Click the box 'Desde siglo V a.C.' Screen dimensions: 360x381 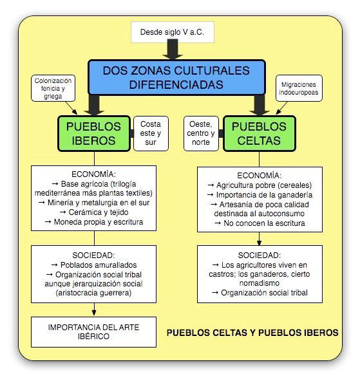(x=173, y=32)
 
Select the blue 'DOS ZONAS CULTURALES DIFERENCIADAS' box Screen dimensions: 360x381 (x=176, y=77)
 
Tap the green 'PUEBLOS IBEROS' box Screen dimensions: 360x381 (x=94, y=134)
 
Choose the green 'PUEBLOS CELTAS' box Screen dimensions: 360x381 (x=259, y=134)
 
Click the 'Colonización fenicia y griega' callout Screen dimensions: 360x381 (x=53, y=88)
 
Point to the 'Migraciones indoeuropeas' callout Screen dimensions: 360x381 (x=299, y=88)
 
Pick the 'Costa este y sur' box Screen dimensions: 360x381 (x=151, y=133)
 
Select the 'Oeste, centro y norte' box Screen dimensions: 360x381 (x=201, y=133)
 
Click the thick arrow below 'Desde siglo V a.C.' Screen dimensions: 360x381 (x=173, y=50)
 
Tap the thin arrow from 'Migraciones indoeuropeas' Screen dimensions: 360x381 (x=281, y=108)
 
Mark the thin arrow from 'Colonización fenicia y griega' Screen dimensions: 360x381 (x=71, y=108)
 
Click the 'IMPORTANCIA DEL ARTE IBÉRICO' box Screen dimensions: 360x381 (x=93, y=332)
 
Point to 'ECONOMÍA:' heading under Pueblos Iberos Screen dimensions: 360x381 (x=93, y=174)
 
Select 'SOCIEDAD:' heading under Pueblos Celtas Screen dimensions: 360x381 (x=260, y=256)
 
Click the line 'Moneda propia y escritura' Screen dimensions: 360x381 (x=94, y=222)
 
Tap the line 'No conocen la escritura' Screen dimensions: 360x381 (x=260, y=223)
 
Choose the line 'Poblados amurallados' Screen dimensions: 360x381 (x=94, y=265)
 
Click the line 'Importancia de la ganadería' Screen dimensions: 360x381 (x=260, y=195)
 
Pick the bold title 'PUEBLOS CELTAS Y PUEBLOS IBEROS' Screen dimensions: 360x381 (x=252, y=333)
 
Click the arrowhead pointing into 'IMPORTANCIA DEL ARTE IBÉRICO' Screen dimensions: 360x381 (x=94, y=313)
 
